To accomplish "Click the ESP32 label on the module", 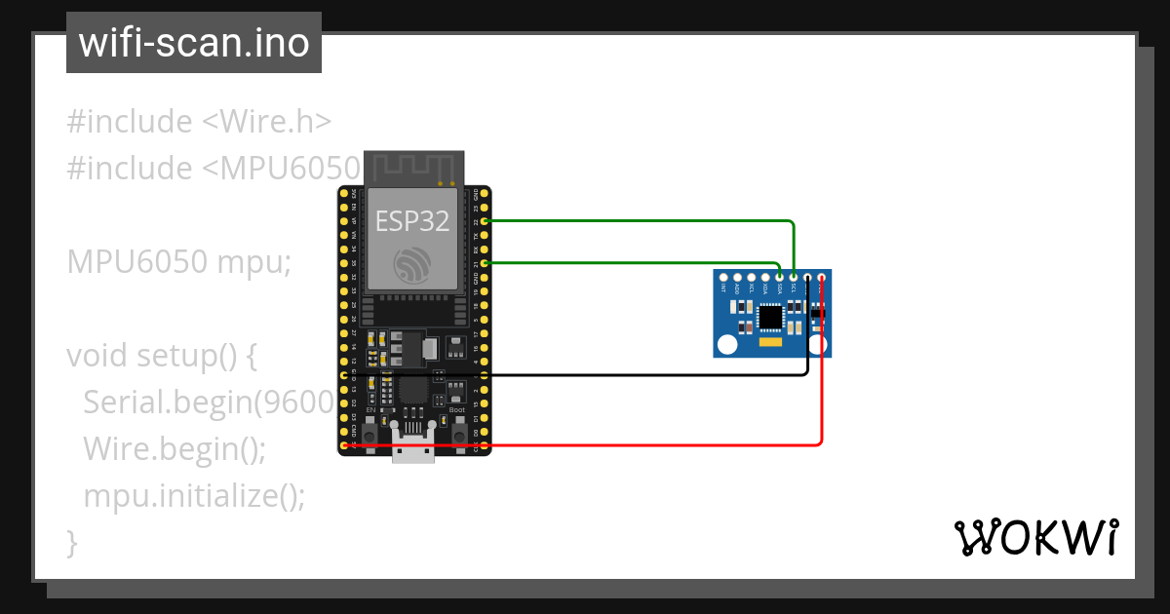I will [x=412, y=221].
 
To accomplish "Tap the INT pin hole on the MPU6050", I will [x=723, y=279].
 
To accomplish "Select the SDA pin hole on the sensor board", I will [x=779, y=279].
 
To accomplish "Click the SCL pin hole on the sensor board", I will [x=794, y=279].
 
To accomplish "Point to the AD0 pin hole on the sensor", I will [x=737, y=279].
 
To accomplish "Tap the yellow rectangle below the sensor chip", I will [x=770, y=343].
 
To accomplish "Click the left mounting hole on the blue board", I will [x=727, y=344].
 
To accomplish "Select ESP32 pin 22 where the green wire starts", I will [x=485, y=222].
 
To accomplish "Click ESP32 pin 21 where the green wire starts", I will [x=485, y=263].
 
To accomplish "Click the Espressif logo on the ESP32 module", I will [x=412, y=265].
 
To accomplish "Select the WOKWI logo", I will [x=1035, y=537].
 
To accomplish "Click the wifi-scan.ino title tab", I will [x=194, y=43].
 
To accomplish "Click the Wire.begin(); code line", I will [x=175, y=449].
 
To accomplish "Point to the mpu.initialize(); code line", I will [x=194, y=496].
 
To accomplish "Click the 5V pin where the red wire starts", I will [x=344, y=445].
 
